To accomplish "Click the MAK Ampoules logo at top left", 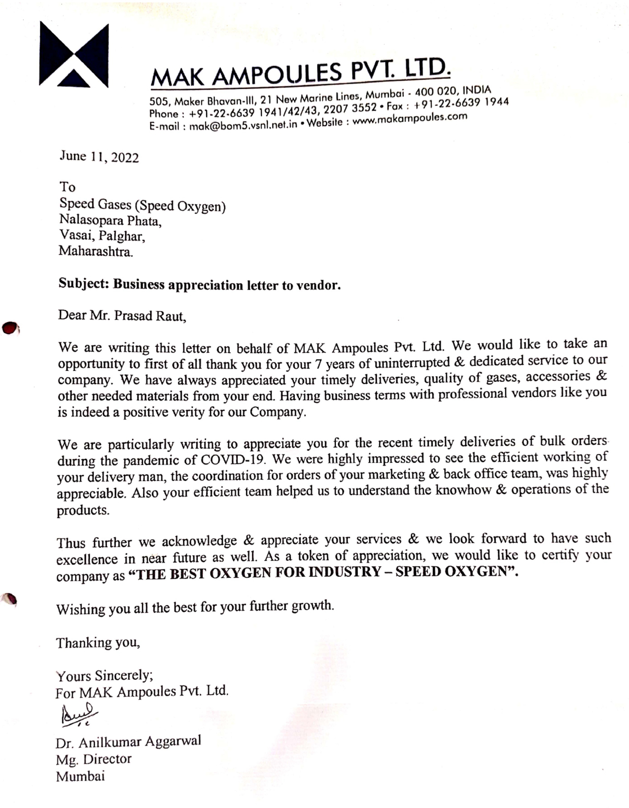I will coord(74,54).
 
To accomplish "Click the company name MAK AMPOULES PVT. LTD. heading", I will coord(300,73).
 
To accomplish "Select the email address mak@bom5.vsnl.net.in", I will coord(243,125).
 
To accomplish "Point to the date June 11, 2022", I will coord(99,157).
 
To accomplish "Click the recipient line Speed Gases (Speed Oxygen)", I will coord(143,205).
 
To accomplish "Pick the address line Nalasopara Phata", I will coord(110,221).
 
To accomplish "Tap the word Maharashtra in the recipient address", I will coord(96,252).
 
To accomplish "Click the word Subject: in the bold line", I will coord(84,284).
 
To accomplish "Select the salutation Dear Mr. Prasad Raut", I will coord(122,315).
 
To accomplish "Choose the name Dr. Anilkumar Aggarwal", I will coord(128,742).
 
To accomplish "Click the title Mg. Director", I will coord(94,759).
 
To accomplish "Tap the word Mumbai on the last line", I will coord(81,776).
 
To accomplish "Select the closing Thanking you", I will coord(98,643).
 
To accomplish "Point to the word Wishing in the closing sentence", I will coord(78,609).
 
